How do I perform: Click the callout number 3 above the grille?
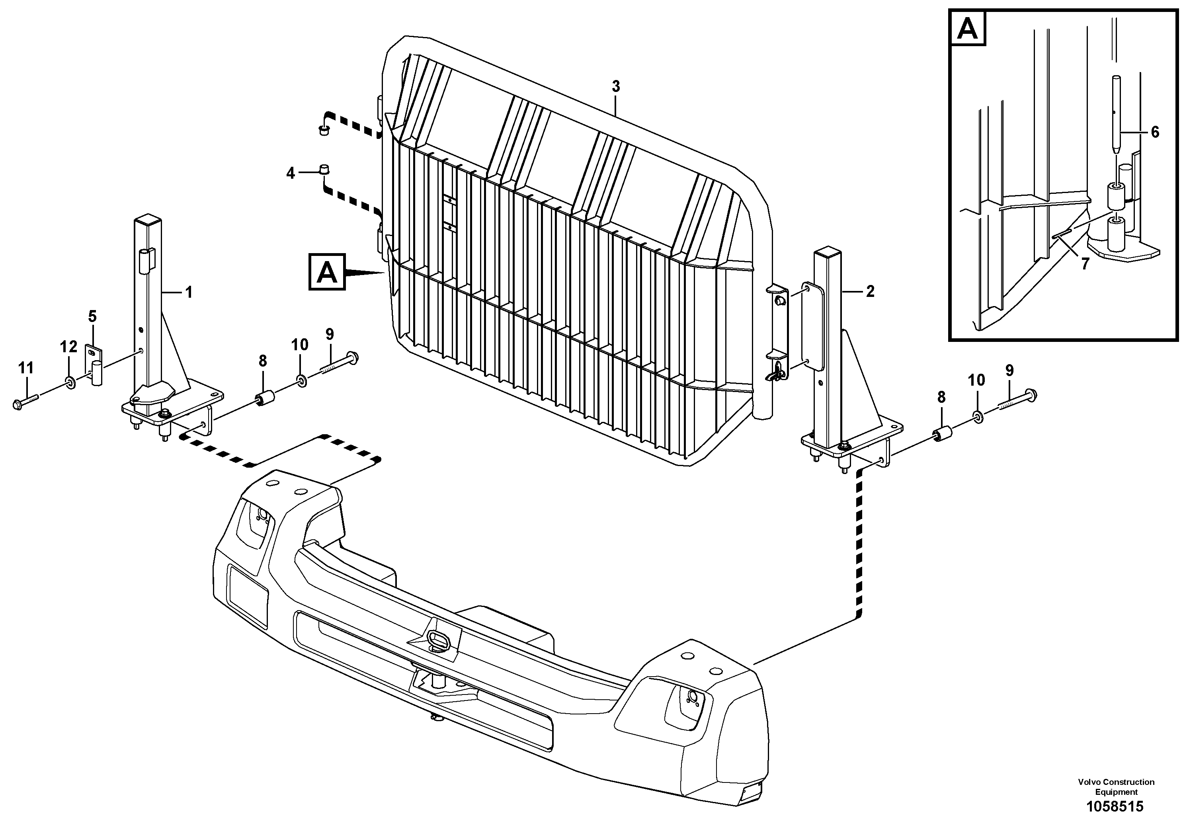616,87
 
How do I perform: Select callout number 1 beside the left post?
189,293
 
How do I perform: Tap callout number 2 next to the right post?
870,292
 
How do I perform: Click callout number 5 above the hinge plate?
92,316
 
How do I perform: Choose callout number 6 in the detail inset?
1155,132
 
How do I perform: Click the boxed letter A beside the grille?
327,272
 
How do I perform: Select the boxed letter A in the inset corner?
967,29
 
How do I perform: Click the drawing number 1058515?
1115,807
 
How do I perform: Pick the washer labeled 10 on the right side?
976,416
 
